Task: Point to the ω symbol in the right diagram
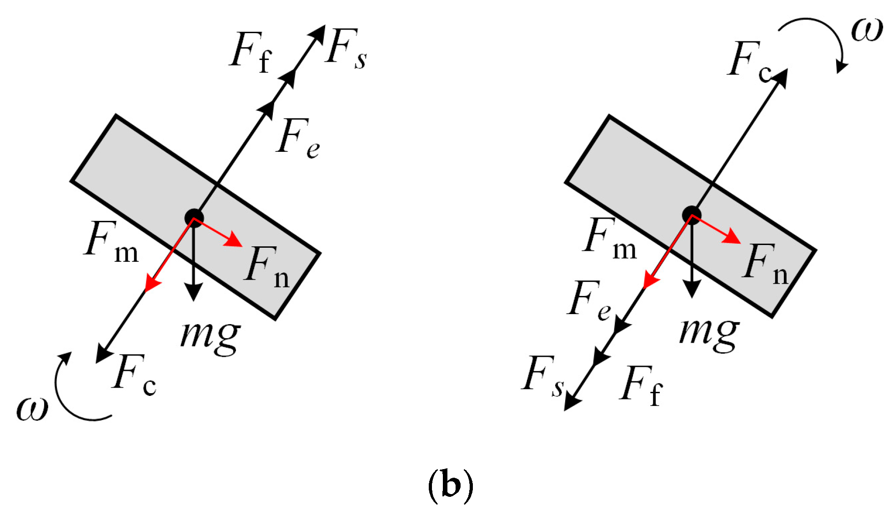(867, 30)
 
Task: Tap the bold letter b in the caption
(451, 485)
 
